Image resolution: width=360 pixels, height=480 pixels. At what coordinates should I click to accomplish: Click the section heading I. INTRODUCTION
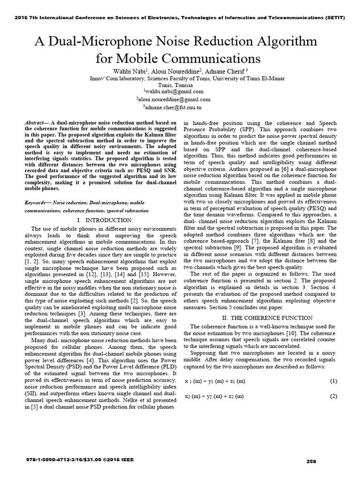[x=104, y=220]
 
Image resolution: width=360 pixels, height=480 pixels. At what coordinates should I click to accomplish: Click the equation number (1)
[x=333, y=381]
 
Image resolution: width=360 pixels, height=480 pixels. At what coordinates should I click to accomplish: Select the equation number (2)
[x=333, y=397]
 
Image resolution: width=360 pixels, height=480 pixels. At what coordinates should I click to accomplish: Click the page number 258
[x=311, y=461]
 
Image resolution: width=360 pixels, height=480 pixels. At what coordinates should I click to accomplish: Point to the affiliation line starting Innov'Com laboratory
[x=180, y=79]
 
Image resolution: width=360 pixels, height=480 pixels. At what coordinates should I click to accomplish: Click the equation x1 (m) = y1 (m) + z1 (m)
[x=215, y=381]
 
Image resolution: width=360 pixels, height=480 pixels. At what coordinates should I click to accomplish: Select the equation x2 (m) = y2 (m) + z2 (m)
[x=215, y=397]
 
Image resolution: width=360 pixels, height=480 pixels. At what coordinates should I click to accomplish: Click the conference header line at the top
[x=180, y=17]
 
